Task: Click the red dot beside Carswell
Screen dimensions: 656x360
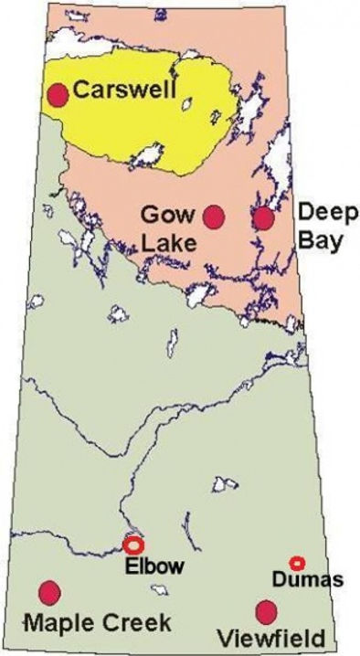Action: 58,95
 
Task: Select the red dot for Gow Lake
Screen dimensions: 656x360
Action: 214,217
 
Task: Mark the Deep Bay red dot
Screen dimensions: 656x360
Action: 263,217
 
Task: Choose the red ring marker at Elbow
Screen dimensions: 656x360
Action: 132,545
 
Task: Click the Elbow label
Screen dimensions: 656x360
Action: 153,566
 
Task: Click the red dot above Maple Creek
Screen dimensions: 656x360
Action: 49,592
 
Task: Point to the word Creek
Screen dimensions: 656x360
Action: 135,624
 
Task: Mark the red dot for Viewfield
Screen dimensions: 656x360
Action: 266,611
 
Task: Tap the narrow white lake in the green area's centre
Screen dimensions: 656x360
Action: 171,347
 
